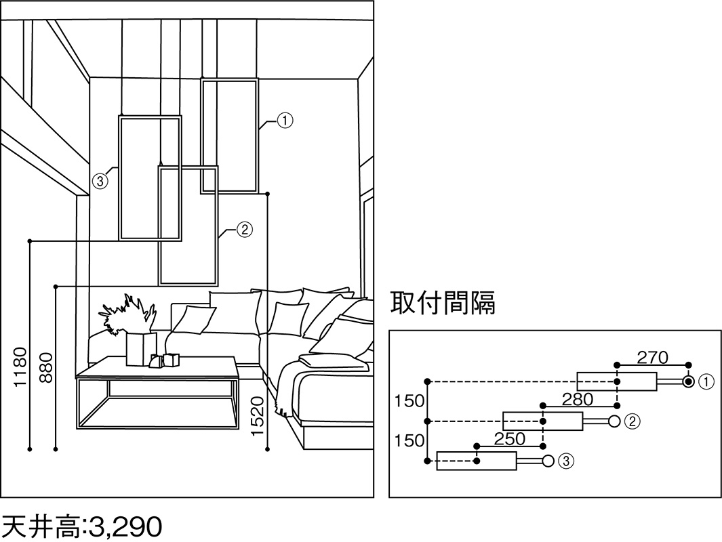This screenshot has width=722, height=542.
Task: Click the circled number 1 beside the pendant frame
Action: (285, 121)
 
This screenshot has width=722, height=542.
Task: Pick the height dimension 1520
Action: (258, 415)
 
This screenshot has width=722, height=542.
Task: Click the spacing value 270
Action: (652, 357)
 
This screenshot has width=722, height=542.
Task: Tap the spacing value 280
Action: (578, 399)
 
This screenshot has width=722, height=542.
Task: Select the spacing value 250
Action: (509, 438)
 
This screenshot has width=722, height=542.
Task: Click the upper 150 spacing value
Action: (409, 401)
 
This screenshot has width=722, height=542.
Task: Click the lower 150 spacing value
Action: (409, 441)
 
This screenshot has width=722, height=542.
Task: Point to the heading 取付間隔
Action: (443, 303)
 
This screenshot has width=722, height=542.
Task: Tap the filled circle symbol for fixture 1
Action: (689, 382)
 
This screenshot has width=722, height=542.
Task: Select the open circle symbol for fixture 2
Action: (614, 421)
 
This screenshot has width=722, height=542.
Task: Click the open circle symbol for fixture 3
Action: (547, 461)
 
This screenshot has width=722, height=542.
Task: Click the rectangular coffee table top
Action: (157, 368)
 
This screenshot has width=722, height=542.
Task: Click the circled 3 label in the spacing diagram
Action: (567, 461)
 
